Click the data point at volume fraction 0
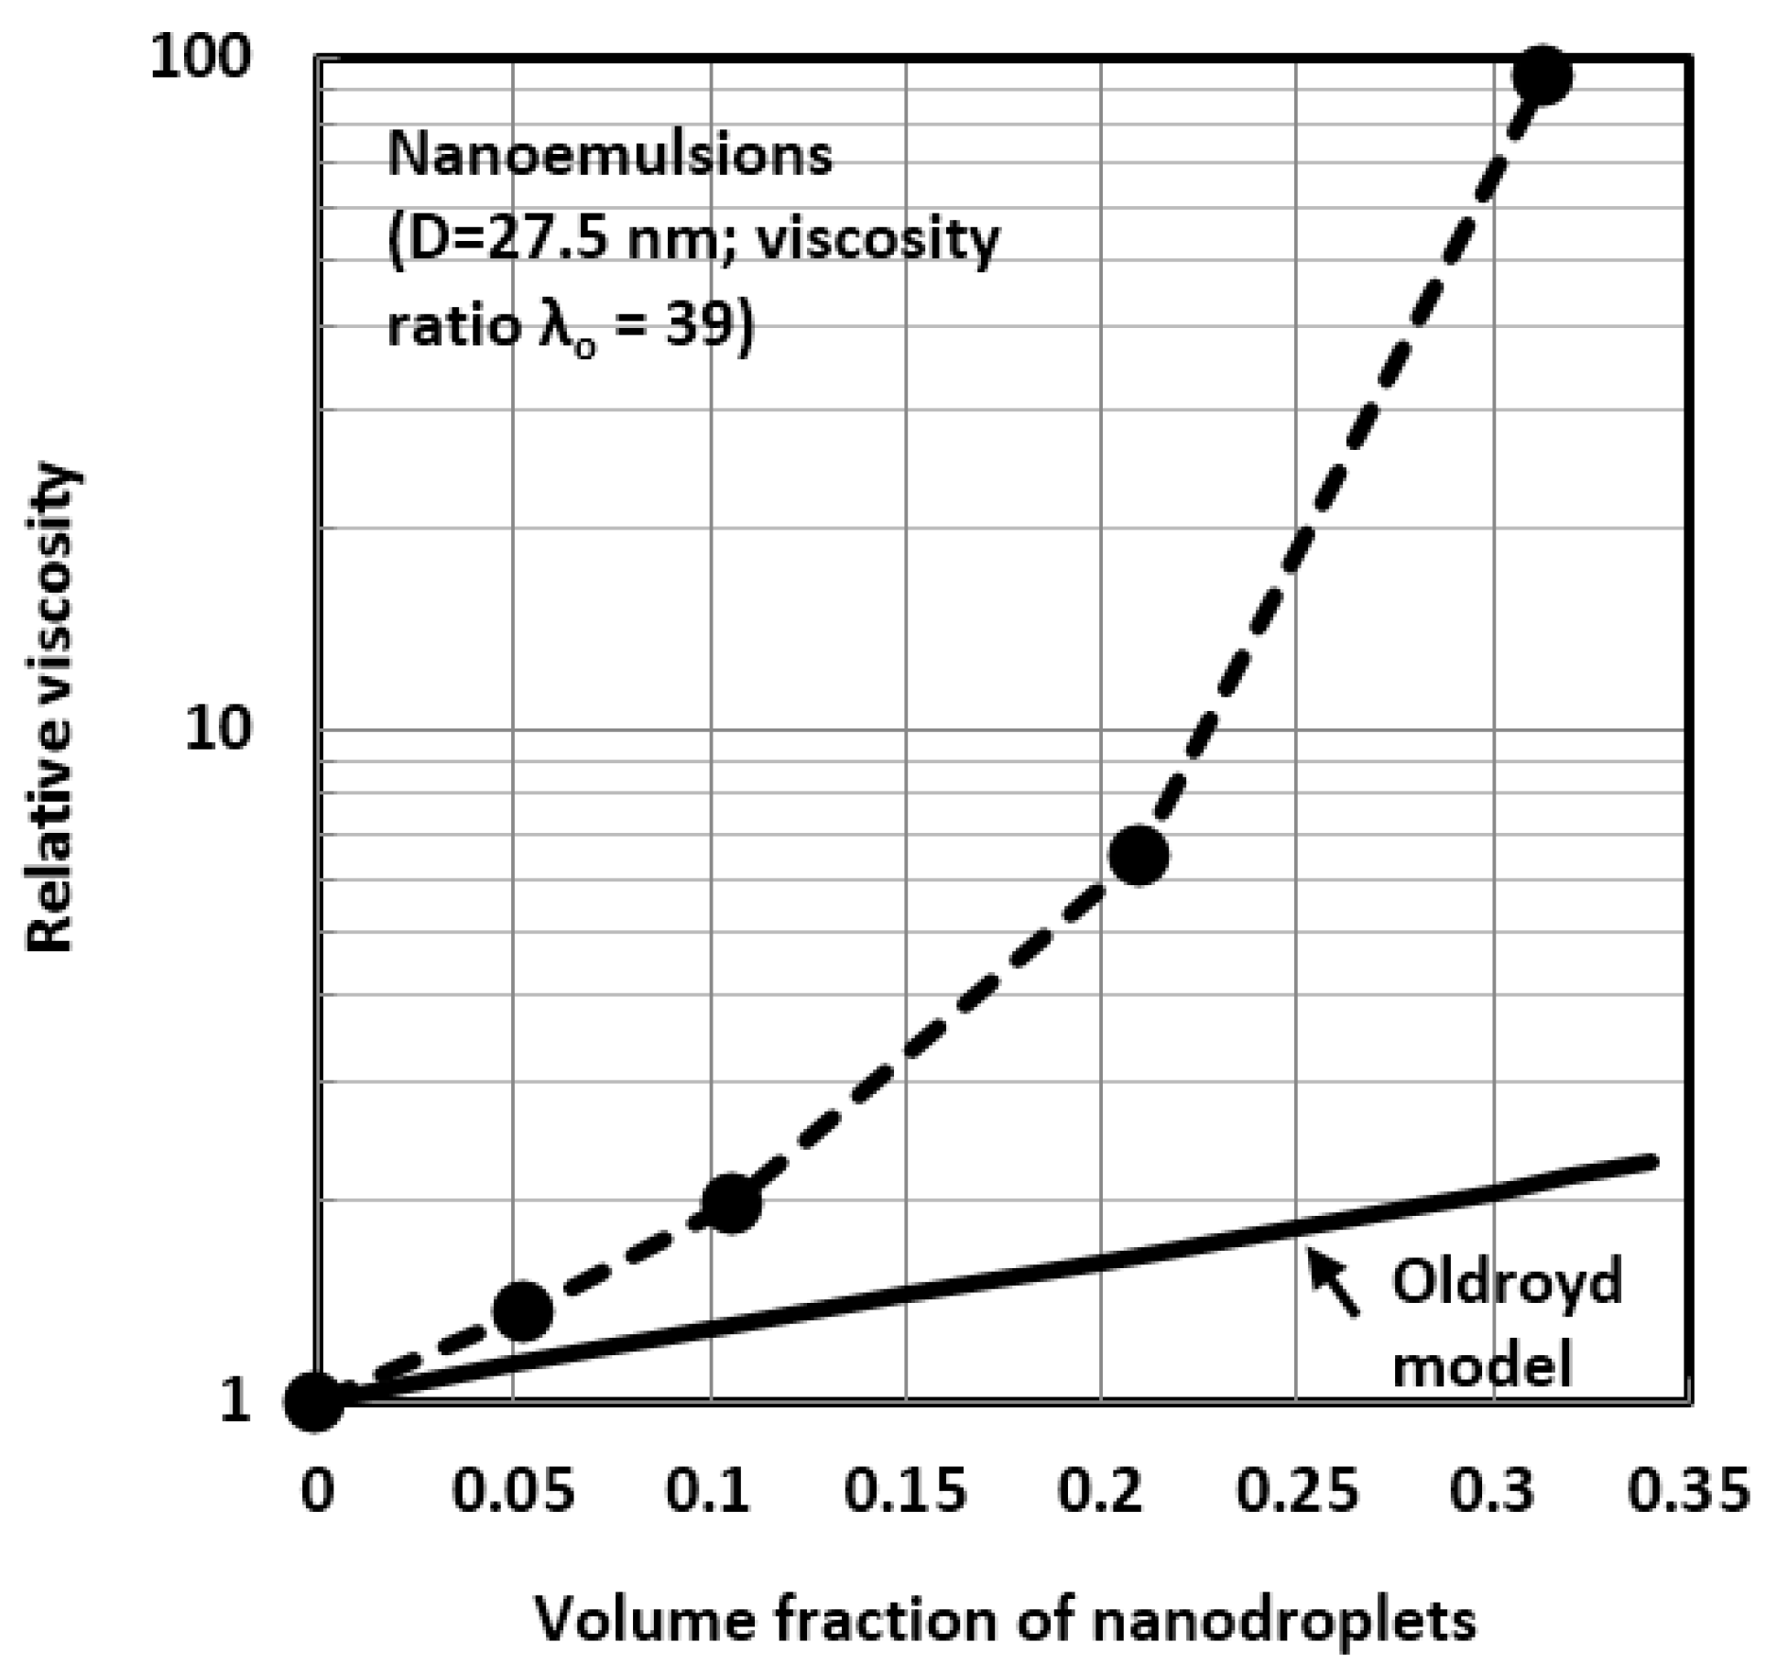[314, 1401]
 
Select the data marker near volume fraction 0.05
[522, 1310]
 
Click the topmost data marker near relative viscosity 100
[1542, 77]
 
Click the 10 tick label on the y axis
[217, 729]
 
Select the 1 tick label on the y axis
[234, 1401]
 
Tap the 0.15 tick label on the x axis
[904, 1490]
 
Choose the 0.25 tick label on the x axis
[1296, 1490]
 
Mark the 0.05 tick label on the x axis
[514, 1490]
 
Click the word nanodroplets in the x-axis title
[1282, 1619]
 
